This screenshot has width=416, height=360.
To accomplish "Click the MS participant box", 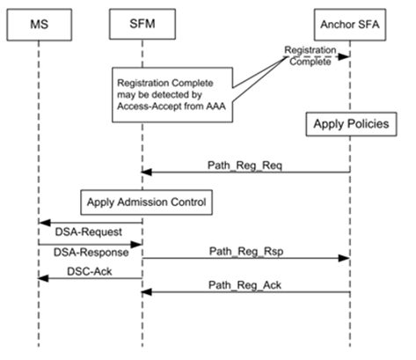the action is tap(40, 25).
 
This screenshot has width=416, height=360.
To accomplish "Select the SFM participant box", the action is tap(142, 24).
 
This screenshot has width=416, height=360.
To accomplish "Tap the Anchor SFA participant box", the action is tap(350, 25).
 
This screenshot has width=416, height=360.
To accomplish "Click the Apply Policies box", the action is tap(351, 124).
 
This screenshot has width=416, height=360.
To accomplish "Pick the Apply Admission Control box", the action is tap(147, 202).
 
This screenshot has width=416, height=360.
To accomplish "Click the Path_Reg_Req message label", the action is tap(244, 165).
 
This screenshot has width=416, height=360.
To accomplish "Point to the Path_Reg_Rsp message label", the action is tap(246, 252).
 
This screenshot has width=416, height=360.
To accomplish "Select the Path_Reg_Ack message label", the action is tap(244, 285).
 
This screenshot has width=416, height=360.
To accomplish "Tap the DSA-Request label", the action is tap(89, 232).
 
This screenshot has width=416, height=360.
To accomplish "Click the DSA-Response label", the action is tap(91, 253).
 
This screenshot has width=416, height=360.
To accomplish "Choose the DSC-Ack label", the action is tap(90, 272).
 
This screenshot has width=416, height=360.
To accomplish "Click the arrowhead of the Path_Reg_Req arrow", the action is tap(146, 173).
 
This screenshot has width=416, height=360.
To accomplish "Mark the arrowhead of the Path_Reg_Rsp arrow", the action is tap(344, 258).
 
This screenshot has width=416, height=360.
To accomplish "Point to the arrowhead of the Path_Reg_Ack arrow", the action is tap(146, 292).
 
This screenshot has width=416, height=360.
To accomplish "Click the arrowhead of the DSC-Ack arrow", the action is tap(43, 278).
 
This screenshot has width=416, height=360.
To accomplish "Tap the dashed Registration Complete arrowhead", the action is tap(343, 56).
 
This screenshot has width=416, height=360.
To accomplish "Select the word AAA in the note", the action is tap(215, 107).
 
